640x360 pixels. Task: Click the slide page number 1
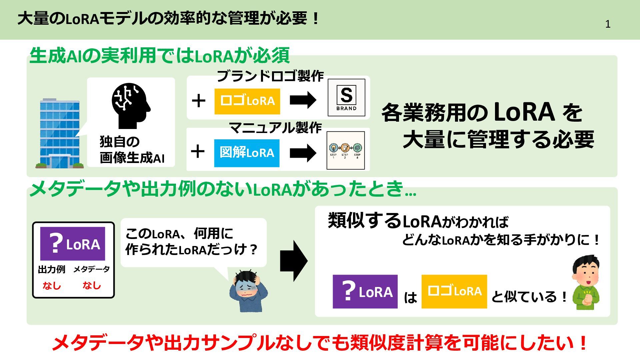[608, 24]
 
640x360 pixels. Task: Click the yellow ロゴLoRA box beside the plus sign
[247, 101]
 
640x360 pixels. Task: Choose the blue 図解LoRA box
[247, 153]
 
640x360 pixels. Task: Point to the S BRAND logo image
[346, 97]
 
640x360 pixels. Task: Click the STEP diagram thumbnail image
[345, 150]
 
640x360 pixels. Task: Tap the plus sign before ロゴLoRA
[199, 101]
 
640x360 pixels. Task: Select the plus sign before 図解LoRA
[198, 151]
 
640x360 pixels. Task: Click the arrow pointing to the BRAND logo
[303, 100]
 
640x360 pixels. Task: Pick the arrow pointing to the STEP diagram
[303, 153]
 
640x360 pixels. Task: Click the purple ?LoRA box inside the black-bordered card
[73, 244]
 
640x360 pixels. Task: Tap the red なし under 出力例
[52, 286]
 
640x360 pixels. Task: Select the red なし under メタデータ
[92, 285]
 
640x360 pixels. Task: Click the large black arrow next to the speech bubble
[293, 261]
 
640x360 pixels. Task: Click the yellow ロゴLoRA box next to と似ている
[454, 291]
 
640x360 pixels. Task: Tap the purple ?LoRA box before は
[365, 292]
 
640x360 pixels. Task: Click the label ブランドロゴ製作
[270, 76]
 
